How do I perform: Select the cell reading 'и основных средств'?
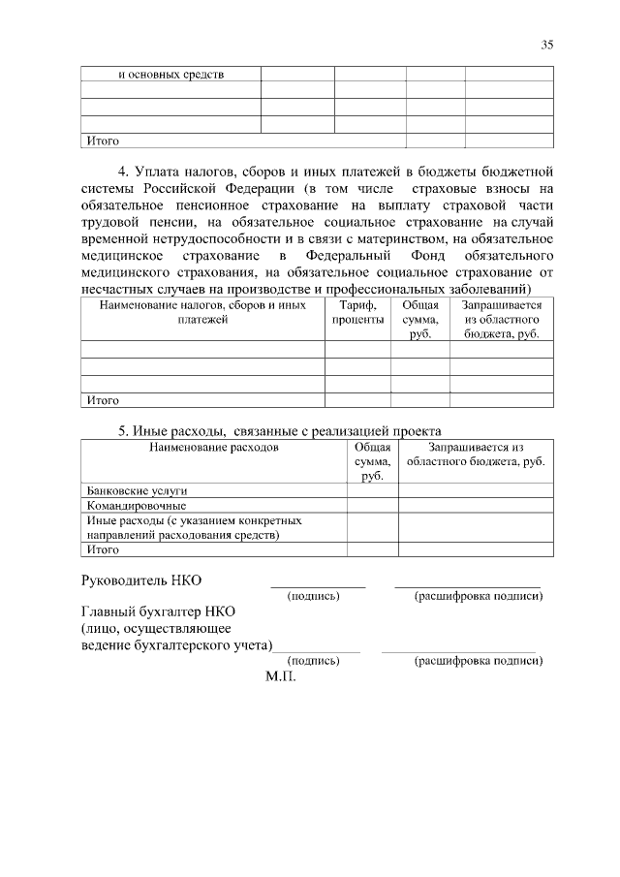(170, 74)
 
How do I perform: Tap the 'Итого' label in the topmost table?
(103, 140)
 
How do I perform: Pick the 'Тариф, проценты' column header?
(357, 312)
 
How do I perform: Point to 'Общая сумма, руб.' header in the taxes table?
(419, 319)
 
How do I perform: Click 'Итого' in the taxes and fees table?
(103, 399)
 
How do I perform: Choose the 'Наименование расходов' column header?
(213, 448)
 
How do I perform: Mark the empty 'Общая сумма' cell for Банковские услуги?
(372, 490)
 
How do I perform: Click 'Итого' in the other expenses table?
(103, 549)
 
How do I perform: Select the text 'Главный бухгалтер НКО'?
(158, 612)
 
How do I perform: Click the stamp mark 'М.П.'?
(281, 676)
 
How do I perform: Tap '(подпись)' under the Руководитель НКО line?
(313, 595)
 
